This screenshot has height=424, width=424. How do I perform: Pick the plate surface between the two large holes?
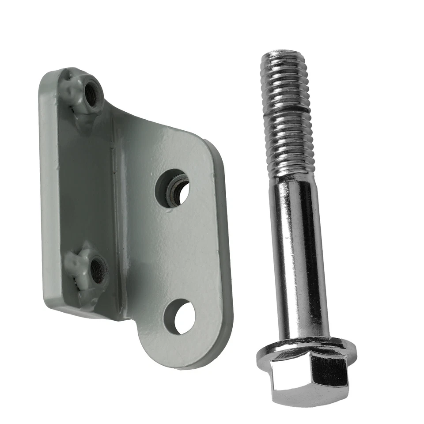181,252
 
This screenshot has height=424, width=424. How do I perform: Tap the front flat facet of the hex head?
291,380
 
